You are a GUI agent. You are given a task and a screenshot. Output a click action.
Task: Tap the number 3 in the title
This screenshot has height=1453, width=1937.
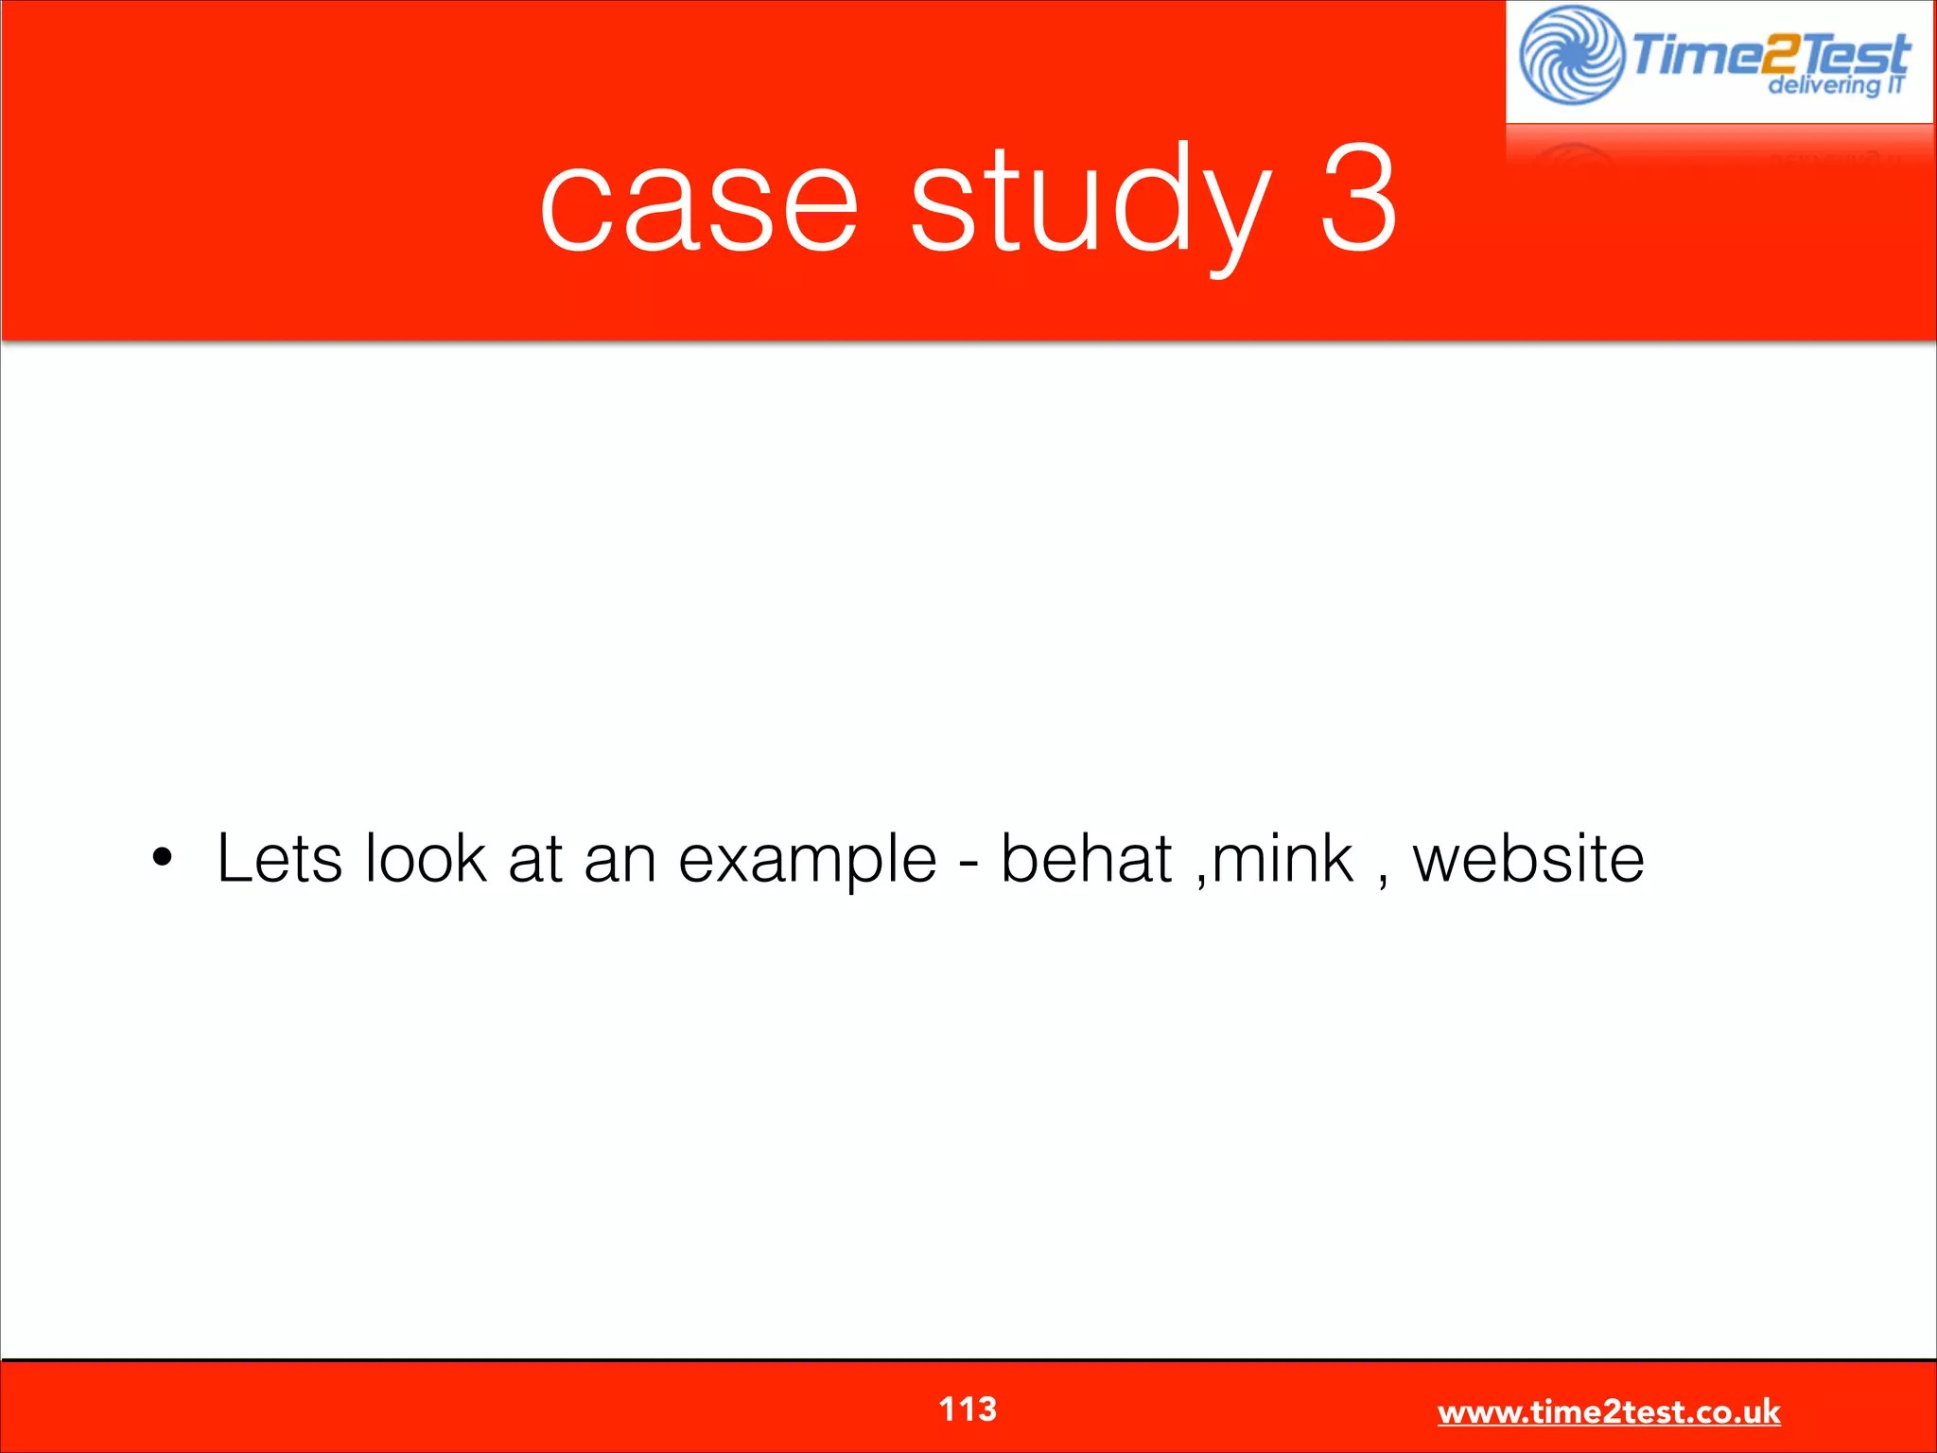[1358, 199]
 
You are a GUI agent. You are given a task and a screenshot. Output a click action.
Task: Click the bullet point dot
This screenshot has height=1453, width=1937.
[163, 858]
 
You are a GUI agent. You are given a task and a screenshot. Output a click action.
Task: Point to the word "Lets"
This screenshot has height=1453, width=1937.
[279, 859]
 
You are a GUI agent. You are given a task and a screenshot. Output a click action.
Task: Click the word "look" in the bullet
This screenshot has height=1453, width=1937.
[426, 859]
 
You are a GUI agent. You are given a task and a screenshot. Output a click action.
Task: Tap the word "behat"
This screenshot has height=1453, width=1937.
[1086, 859]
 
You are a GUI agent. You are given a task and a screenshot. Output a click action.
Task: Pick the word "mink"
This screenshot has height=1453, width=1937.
[1283, 859]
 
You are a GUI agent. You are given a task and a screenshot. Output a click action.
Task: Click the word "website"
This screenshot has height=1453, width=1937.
[1528, 859]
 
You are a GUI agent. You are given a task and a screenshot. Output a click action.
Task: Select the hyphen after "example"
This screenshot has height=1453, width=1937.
[968, 863]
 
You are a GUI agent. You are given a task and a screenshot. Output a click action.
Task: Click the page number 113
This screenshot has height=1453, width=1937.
[968, 1409]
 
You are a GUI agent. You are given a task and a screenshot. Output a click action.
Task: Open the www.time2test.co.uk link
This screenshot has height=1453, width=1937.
[1609, 1411]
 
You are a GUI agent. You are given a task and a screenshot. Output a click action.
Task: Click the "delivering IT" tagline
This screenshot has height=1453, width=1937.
[1835, 85]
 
